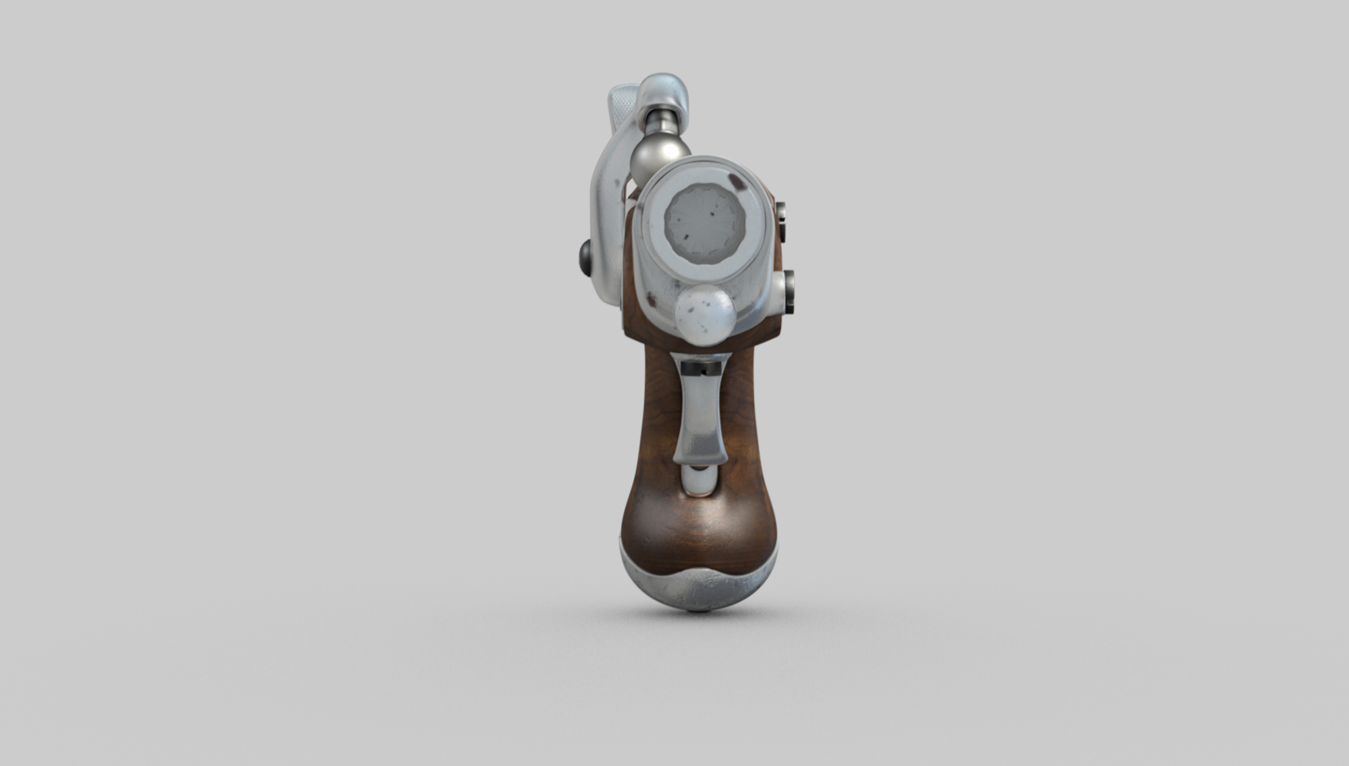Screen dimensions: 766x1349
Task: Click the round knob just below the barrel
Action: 705,312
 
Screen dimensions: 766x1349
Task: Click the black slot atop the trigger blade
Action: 700,368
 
